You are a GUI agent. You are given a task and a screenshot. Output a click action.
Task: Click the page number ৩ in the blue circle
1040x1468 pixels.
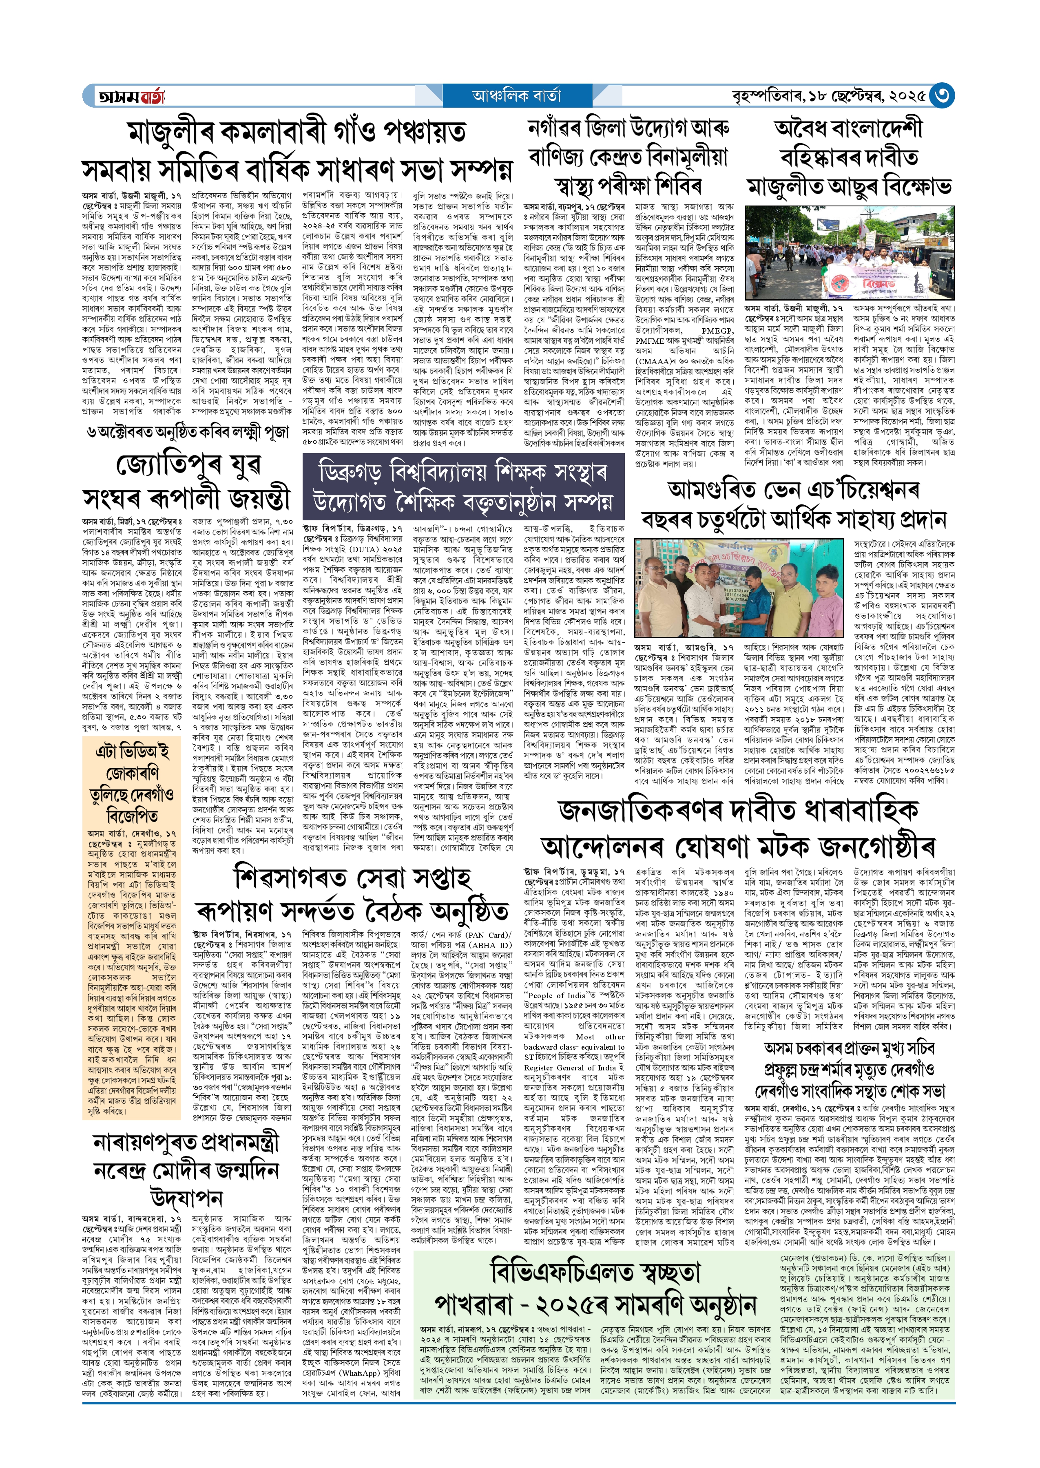(941, 96)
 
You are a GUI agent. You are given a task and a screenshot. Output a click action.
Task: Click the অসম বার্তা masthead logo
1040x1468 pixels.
(132, 97)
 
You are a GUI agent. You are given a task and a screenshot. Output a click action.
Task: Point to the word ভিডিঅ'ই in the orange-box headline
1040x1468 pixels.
(132, 751)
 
